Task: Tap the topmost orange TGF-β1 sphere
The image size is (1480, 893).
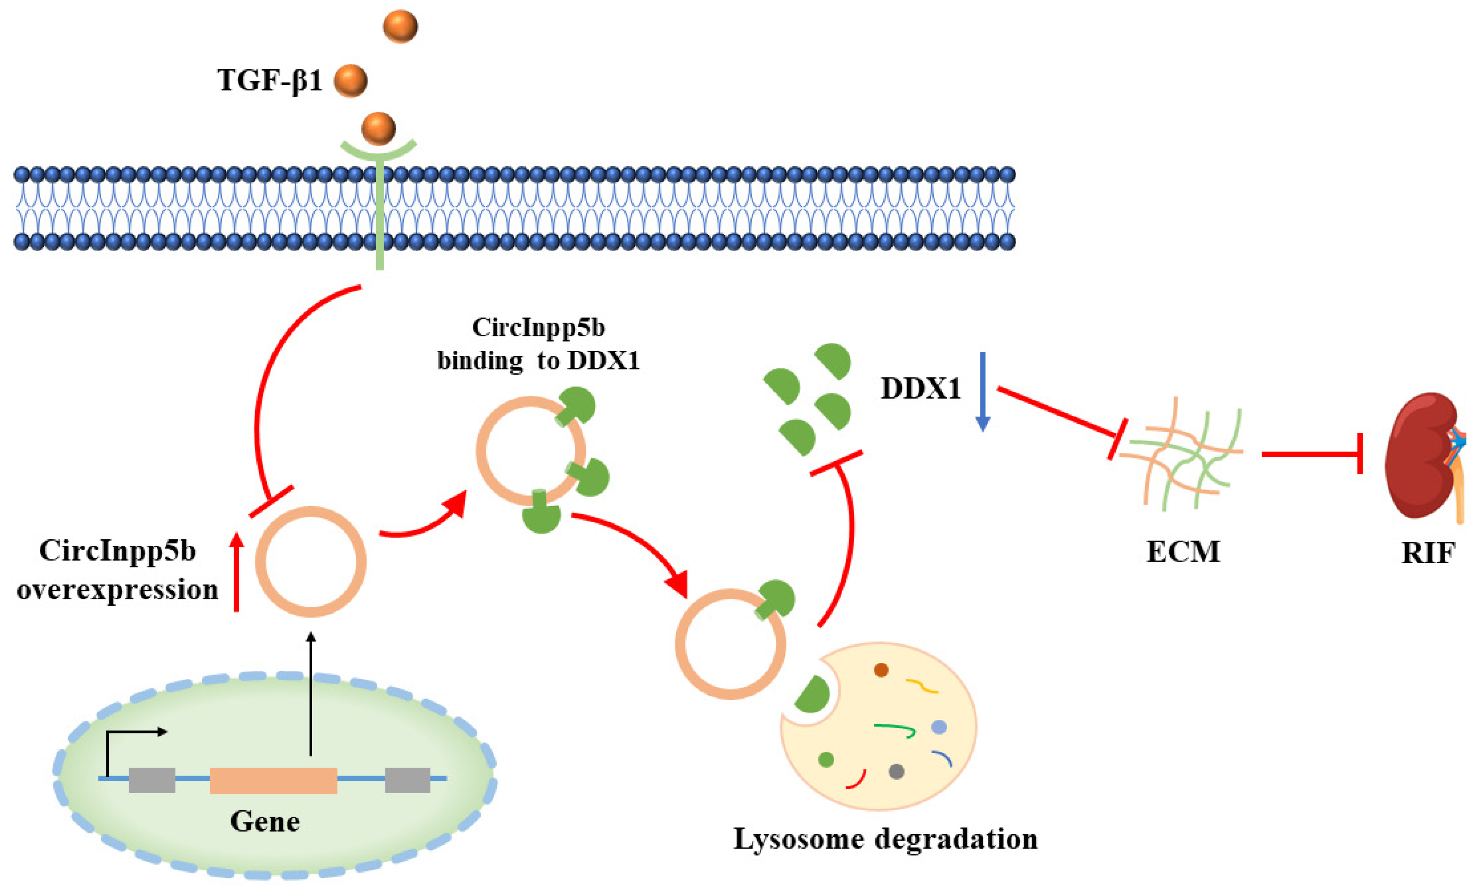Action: click(400, 26)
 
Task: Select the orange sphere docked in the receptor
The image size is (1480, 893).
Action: click(379, 129)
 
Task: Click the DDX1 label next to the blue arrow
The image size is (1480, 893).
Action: click(920, 389)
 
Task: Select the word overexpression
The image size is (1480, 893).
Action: click(118, 590)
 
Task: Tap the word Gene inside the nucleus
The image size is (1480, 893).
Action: click(265, 822)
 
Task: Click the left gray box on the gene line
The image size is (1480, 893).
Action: click(152, 780)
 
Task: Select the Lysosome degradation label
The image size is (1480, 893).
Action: click(885, 839)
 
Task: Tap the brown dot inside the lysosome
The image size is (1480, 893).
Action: click(881, 670)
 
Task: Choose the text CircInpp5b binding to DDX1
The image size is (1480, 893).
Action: click(538, 344)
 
